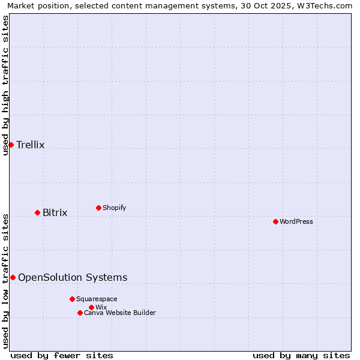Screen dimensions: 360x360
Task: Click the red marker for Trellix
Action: pyautogui.click(x=11, y=145)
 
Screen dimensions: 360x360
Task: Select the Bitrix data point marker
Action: pyautogui.click(x=37, y=212)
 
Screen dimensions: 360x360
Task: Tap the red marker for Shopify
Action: pyautogui.click(x=98, y=208)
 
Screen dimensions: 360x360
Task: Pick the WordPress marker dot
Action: pyautogui.click(x=275, y=221)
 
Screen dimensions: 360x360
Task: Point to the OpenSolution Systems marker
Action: pyautogui.click(x=13, y=277)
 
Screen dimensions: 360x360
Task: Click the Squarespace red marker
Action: pyautogui.click(x=72, y=299)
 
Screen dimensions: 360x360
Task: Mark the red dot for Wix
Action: pyautogui.click(x=91, y=307)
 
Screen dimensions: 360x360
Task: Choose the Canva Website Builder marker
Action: pyautogui.click(x=80, y=313)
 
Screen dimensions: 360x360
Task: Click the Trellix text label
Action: pyautogui.click(x=31, y=145)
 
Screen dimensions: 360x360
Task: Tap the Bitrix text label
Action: pyautogui.click(x=55, y=212)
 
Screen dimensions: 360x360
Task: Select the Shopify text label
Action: pyautogui.click(x=115, y=208)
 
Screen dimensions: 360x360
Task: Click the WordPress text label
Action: pyautogui.click(x=296, y=221)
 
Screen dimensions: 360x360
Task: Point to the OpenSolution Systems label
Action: pyautogui.click(x=73, y=277)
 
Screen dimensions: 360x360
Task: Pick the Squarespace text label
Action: pyautogui.click(x=97, y=299)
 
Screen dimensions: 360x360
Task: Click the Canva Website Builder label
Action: pyautogui.click(x=120, y=313)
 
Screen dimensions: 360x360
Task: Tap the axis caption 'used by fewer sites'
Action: pyautogui.click(x=62, y=355)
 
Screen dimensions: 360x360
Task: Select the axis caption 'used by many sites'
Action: pyautogui.click(x=301, y=355)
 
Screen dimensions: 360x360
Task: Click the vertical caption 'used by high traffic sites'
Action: pyautogui.click(x=6, y=85)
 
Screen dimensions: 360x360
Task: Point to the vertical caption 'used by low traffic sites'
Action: pyautogui.click(x=6, y=280)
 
